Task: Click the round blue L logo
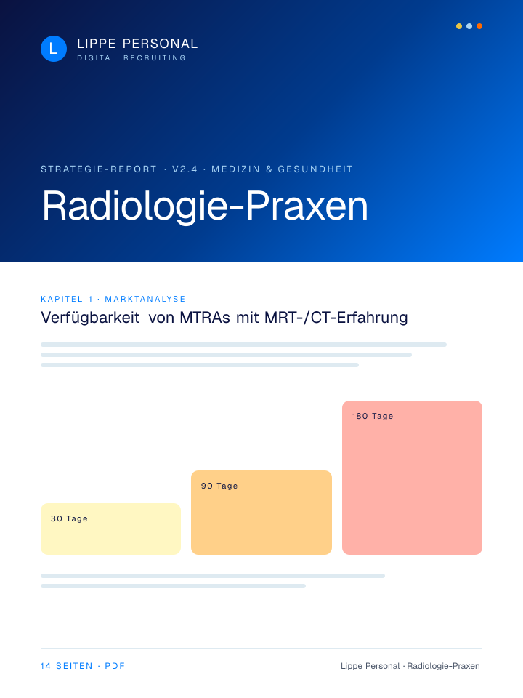[x=54, y=49]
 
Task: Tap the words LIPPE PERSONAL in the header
[x=137, y=44]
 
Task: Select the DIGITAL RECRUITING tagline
[x=131, y=58]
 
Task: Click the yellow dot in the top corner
[x=459, y=26]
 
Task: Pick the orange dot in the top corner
[x=479, y=26]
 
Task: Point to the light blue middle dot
[x=469, y=26]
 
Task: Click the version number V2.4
[x=185, y=169]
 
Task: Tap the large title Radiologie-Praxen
[x=205, y=206]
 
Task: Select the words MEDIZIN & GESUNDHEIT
[x=282, y=169]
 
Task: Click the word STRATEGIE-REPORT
[x=99, y=169]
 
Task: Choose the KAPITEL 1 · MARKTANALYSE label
[x=113, y=299]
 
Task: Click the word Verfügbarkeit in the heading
[x=90, y=318]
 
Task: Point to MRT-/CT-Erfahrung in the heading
[x=336, y=318]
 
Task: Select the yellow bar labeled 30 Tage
[x=110, y=529]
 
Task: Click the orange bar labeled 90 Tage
[x=261, y=513]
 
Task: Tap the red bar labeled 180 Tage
[x=413, y=478]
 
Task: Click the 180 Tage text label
[x=373, y=416]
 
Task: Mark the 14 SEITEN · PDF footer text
[x=83, y=666]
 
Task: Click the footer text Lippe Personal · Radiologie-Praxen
[x=410, y=666]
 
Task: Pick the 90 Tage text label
[x=219, y=486]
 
